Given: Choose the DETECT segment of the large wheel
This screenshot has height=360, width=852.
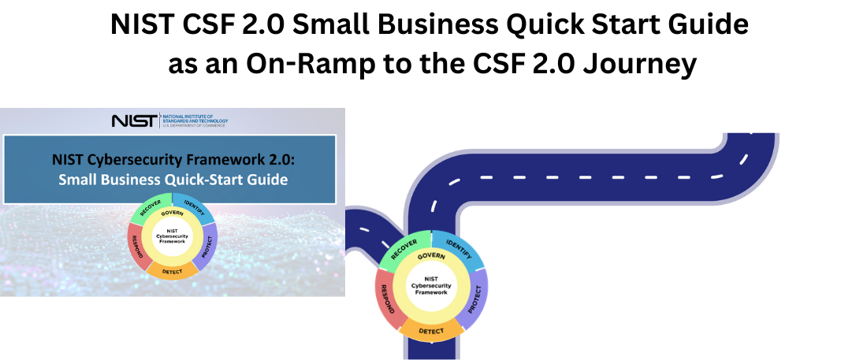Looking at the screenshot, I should (431, 332).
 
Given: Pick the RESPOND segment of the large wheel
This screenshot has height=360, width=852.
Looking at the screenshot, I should (387, 303).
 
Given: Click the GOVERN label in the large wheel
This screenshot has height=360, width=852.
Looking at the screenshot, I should (431, 257).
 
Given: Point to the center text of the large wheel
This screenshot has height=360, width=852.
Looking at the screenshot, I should (431, 285).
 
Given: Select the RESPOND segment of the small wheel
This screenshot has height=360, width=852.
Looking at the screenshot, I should (138, 250).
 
